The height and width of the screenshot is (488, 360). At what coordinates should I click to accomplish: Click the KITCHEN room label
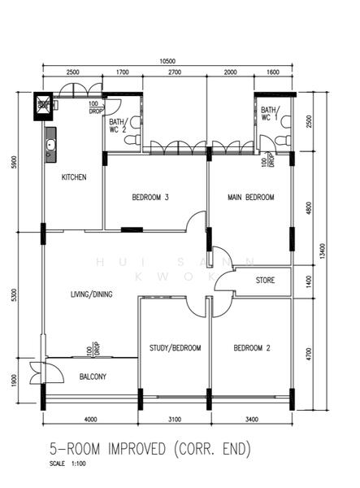[x=73, y=176]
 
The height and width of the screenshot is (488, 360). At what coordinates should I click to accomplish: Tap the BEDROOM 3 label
[x=150, y=197]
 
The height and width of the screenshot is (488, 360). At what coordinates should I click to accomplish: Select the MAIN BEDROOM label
[x=250, y=197]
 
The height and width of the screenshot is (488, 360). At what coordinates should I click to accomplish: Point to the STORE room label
[x=265, y=281]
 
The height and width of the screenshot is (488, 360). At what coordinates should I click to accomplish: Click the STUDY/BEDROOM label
[x=175, y=348]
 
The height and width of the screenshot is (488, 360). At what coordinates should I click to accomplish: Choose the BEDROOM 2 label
[x=251, y=348]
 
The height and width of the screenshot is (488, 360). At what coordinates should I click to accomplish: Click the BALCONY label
[x=92, y=377]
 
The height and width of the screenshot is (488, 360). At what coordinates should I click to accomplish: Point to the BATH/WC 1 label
[x=269, y=114]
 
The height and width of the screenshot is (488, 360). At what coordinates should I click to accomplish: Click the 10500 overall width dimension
[x=168, y=61]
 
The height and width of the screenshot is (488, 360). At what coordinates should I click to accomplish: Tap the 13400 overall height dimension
[x=323, y=247]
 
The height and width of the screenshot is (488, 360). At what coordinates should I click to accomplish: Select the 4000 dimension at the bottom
[x=90, y=420]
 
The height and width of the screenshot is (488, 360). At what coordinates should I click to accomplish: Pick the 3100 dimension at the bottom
[x=175, y=420]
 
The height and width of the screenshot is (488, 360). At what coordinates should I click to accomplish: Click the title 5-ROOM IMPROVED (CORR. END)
[x=150, y=449]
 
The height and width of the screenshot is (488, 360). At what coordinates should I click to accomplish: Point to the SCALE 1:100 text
[x=67, y=464]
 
